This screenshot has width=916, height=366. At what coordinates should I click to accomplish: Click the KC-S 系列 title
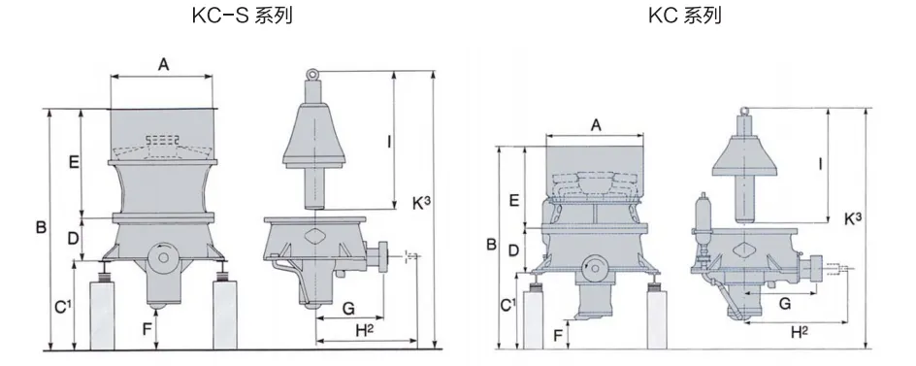(x=242, y=16)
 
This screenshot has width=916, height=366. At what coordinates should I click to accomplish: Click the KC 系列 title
(x=685, y=16)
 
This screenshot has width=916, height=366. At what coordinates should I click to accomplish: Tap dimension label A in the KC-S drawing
(x=164, y=65)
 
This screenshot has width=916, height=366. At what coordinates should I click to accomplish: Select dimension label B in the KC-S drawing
(x=41, y=227)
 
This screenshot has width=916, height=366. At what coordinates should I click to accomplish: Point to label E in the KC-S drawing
(x=74, y=162)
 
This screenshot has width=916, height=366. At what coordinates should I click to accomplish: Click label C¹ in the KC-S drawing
(x=63, y=307)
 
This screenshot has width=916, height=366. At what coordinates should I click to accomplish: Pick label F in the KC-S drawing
(x=147, y=329)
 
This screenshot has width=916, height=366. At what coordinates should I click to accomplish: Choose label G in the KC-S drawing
(x=348, y=308)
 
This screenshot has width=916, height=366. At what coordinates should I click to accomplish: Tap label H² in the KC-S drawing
(x=364, y=330)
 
